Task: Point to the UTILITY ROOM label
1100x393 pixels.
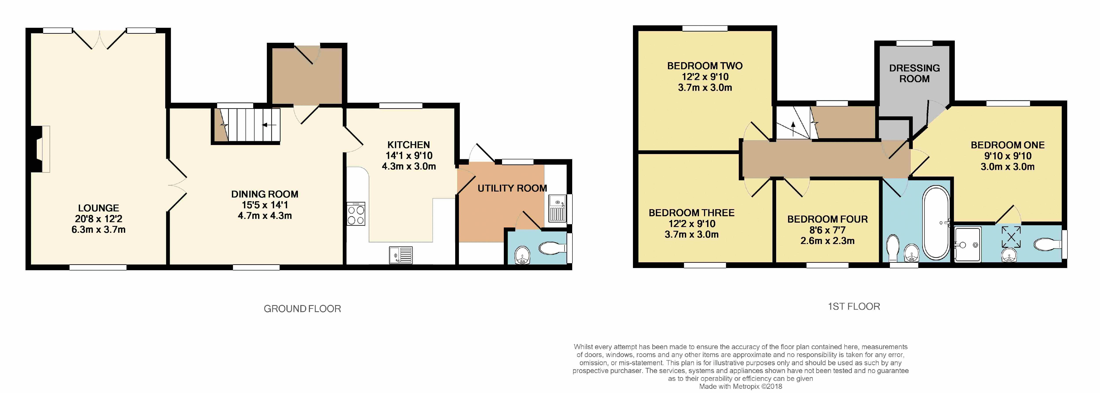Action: point(512,188)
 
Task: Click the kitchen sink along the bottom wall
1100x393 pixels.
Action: point(401,255)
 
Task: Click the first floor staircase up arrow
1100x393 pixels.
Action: point(793,127)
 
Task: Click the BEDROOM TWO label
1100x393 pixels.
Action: point(705,66)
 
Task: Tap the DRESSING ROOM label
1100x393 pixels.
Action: point(914,73)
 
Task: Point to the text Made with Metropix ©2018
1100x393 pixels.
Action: point(741,386)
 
